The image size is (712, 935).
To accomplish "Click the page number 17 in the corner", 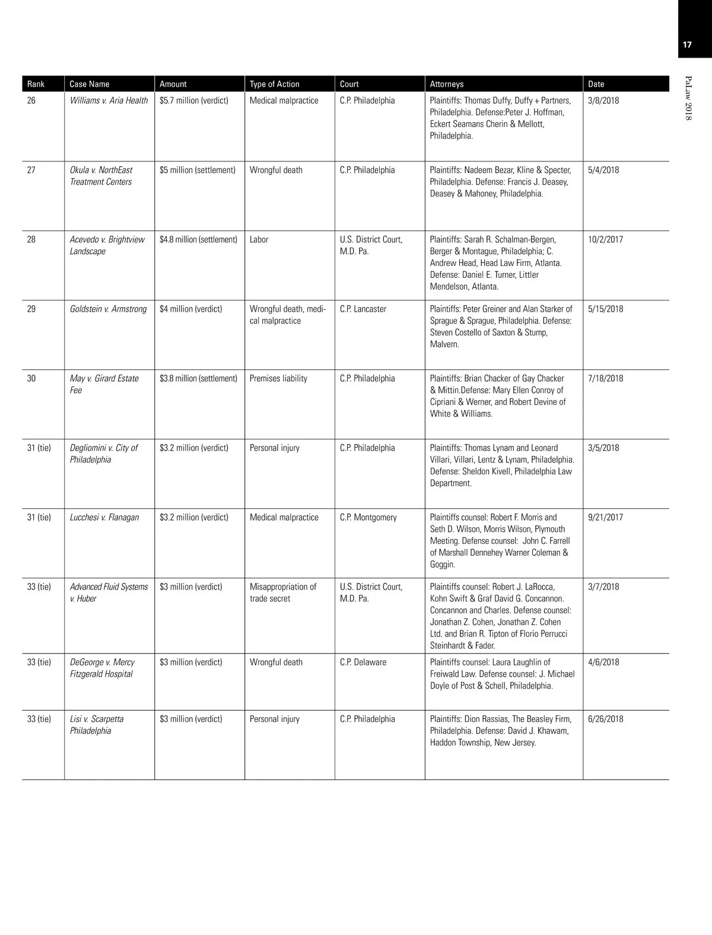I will point(687,45).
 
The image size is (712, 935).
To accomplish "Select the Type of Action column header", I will point(274,84).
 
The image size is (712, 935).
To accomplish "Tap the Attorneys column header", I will point(447,84).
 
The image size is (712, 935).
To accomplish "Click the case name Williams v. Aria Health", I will point(109,100).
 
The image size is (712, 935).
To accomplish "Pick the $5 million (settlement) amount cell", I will point(197,170).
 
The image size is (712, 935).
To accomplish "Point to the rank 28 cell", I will point(31,239).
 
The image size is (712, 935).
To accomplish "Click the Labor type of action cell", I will point(259,239).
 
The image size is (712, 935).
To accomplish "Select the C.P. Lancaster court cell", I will point(363,309).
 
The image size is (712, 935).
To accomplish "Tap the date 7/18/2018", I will point(605,378).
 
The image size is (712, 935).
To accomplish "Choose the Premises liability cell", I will point(278,378).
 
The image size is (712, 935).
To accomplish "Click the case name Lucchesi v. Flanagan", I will point(104,517).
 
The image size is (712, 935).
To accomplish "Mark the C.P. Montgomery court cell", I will point(368,517).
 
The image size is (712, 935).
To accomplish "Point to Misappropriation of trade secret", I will point(283,592).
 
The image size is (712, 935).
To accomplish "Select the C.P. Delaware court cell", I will point(363,662).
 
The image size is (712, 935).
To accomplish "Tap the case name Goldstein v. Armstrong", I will point(108,309).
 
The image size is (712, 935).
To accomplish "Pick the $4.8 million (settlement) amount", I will point(198,239).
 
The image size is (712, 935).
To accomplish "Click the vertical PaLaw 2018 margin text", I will point(688,98).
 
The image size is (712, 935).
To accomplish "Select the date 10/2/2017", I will point(605,239).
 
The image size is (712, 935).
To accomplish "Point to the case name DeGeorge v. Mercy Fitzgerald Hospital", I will point(102,668).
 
